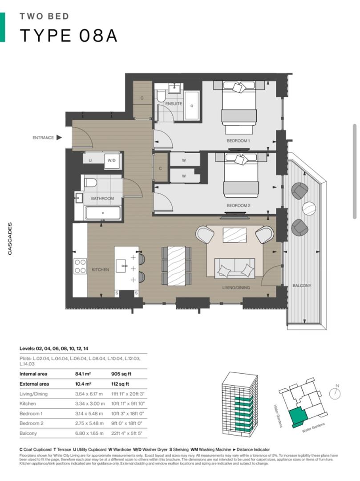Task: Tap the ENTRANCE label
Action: (x=43, y=138)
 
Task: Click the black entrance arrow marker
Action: (x=59, y=138)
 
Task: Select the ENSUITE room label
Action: (x=173, y=104)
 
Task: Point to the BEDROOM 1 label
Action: (x=239, y=141)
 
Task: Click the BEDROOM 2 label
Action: (x=239, y=206)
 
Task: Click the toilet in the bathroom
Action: (x=91, y=183)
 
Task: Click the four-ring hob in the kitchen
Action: (x=81, y=266)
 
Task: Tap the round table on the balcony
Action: (x=309, y=208)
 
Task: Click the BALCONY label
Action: (x=302, y=285)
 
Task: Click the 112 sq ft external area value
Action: (x=120, y=384)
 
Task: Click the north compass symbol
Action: (x=336, y=392)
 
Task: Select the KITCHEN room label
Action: (x=100, y=270)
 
